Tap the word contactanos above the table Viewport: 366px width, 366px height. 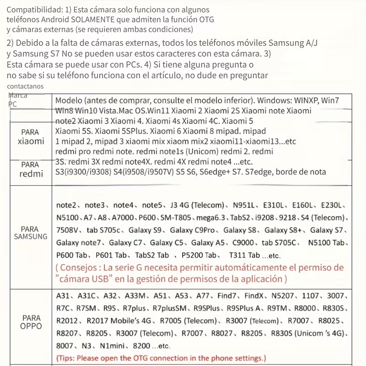[x=26, y=86]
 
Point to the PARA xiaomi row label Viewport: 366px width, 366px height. [x=31, y=137]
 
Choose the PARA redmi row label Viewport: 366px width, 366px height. [x=31, y=169]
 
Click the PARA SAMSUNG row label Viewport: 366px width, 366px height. [x=31, y=232]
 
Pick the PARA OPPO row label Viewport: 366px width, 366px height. [x=31, y=322]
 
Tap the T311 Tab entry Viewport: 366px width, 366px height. [x=244, y=255]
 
